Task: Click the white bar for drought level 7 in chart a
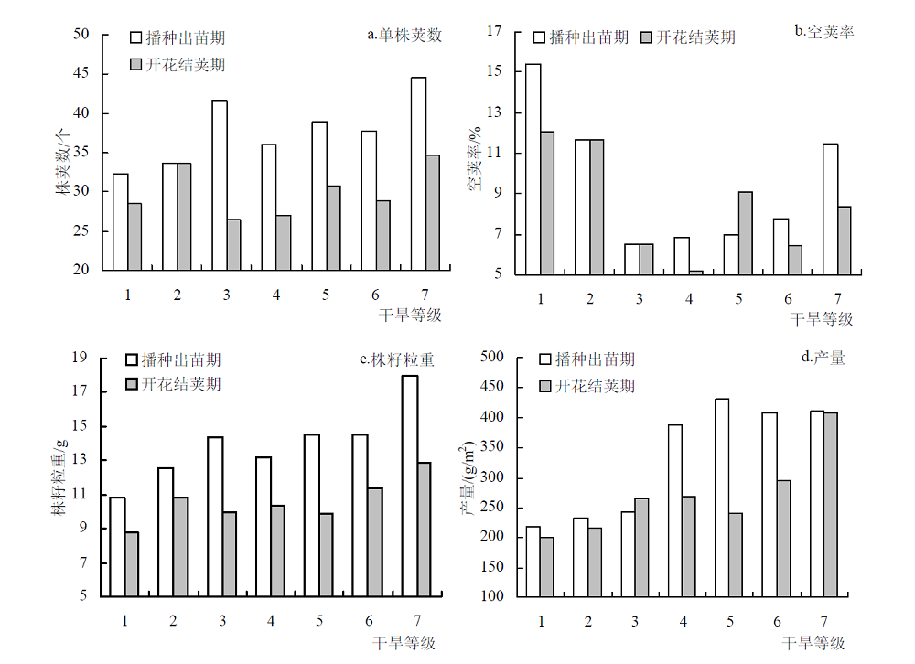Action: point(418,174)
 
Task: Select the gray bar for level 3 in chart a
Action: point(234,245)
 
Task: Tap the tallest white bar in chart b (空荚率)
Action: point(533,169)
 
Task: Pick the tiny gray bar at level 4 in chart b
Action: point(695,273)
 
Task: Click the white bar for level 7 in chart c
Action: point(410,486)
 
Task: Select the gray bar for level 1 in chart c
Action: point(131,564)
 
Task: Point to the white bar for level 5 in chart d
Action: point(722,498)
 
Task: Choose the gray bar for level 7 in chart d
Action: point(831,505)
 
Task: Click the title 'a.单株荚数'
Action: point(404,36)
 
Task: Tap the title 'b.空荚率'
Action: point(824,31)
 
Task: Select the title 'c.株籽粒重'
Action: point(397,359)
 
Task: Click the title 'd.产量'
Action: point(823,357)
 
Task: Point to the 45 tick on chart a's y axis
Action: point(81,73)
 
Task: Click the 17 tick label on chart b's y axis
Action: point(494,30)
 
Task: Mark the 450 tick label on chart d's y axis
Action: point(492,386)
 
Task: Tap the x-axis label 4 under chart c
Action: point(271,621)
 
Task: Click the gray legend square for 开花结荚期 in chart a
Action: point(135,64)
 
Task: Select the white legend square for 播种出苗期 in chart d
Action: point(545,359)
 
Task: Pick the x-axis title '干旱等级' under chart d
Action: point(813,643)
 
